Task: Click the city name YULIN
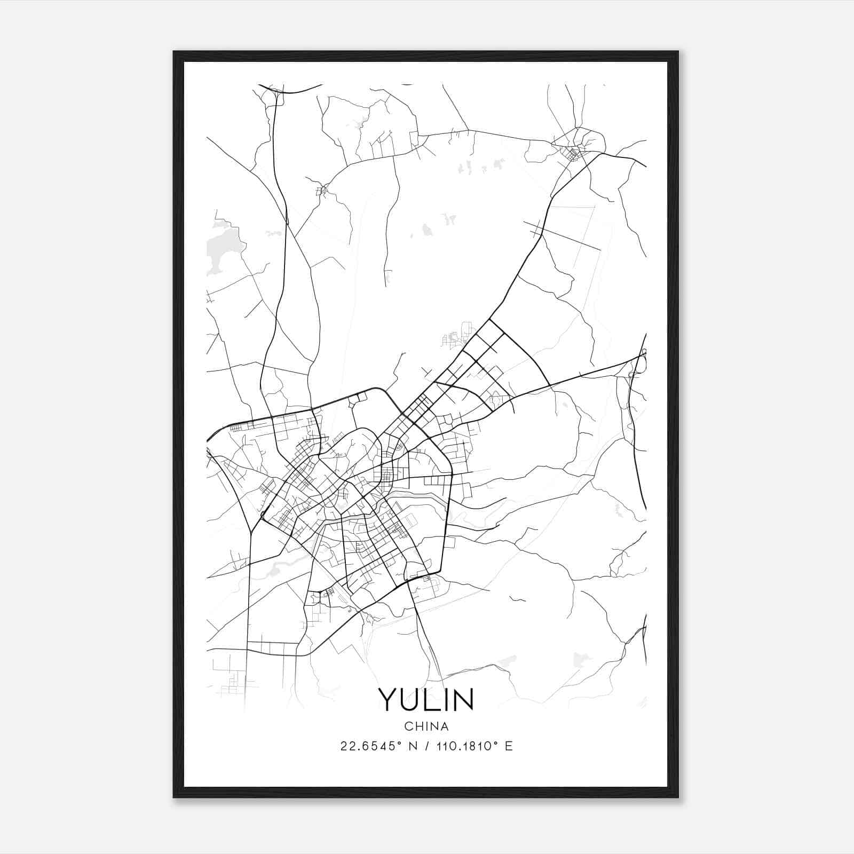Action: (x=426, y=699)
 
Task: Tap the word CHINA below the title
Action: (x=426, y=726)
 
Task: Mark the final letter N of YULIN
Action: (x=463, y=699)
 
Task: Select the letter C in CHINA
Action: (x=408, y=726)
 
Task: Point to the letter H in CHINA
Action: (x=418, y=726)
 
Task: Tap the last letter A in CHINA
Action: (x=445, y=726)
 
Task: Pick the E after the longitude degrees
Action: (x=509, y=746)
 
